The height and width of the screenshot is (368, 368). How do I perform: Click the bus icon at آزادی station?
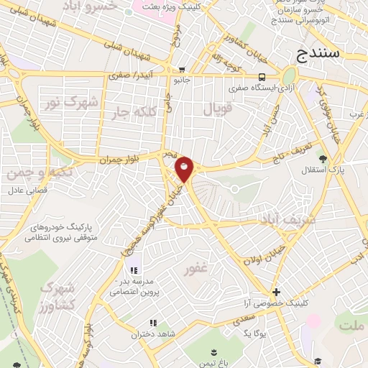262,78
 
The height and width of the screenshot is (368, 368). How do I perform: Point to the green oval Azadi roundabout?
289,76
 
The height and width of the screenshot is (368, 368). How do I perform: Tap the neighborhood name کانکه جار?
134,112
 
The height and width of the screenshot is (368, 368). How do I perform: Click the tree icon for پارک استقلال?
323,159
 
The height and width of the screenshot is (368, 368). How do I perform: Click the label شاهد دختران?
149,334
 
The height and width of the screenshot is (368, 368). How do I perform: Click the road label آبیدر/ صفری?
129,74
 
